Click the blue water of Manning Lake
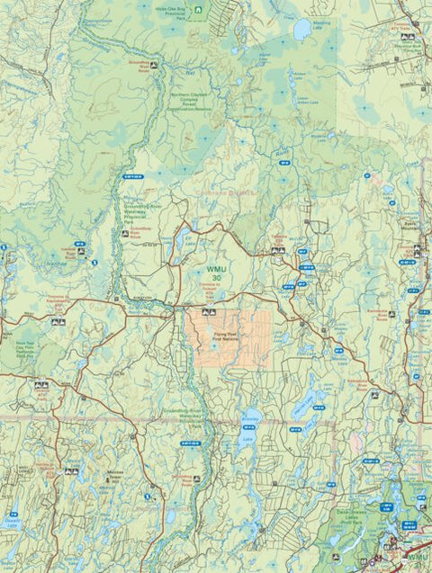(302, 27)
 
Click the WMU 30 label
(218, 273)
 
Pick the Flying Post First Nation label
(227, 338)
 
